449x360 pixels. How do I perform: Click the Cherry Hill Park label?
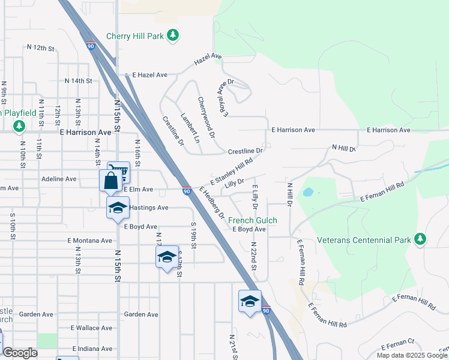(x=135, y=36)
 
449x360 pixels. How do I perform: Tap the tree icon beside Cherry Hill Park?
(x=173, y=35)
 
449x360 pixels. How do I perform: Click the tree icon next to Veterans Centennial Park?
(x=420, y=239)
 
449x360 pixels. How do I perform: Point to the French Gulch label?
(x=253, y=220)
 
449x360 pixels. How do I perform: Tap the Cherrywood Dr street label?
(x=206, y=117)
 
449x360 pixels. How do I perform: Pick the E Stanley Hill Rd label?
(x=232, y=172)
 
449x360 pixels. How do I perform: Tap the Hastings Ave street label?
(x=149, y=208)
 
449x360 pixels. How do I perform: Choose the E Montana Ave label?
(x=90, y=241)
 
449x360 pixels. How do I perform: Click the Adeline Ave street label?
(x=59, y=179)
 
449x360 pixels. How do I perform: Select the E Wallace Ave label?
(x=91, y=328)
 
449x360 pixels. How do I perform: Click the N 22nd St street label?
(x=254, y=256)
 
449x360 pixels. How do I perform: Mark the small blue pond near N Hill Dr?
(x=308, y=193)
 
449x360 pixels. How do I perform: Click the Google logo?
(x=20, y=353)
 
